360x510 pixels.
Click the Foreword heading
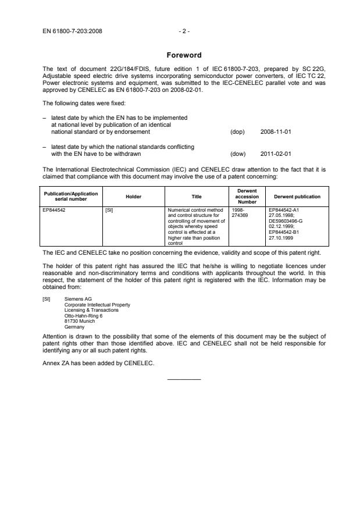pyautogui.click(x=183, y=55)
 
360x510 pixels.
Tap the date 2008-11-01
pyautogui.click(x=276, y=132)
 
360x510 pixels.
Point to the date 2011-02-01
pyautogui.click(x=276, y=154)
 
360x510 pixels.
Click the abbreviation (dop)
pyautogui.click(x=237, y=132)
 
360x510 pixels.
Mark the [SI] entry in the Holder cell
pyautogui.click(x=108, y=208)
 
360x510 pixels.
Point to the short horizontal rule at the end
pyautogui.click(x=183, y=380)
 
